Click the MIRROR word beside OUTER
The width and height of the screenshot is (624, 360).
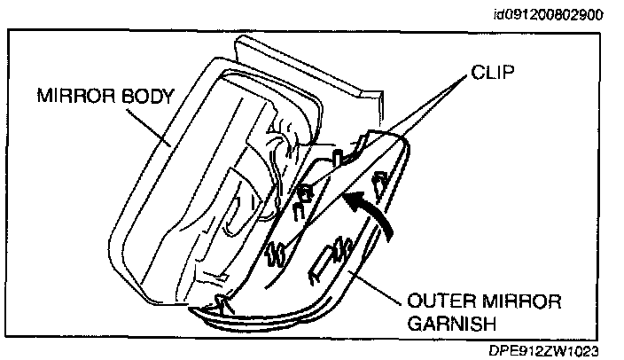514,301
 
